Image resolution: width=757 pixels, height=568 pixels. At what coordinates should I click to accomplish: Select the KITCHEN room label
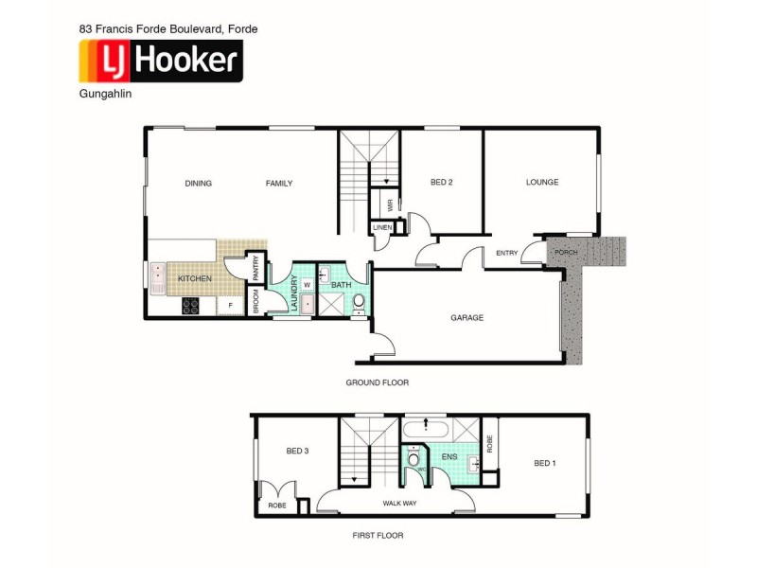click(194, 278)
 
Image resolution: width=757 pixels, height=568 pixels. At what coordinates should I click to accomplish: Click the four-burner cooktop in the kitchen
click(189, 306)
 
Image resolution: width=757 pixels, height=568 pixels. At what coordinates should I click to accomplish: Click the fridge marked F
click(230, 306)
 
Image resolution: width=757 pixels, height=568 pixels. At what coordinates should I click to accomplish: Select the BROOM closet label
click(255, 301)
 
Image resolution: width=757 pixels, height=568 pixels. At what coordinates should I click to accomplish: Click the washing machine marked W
click(307, 284)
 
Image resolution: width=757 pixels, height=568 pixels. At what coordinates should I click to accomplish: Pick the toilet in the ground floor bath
click(358, 303)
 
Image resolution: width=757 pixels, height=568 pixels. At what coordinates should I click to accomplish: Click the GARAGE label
click(467, 318)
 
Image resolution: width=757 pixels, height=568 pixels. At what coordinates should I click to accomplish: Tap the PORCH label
click(566, 252)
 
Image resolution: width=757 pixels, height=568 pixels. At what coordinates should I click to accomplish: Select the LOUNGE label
click(542, 183)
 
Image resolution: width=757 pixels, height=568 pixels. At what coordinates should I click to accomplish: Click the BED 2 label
click(442, 183)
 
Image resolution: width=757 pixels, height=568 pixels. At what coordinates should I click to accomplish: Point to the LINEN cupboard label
click(382, 228)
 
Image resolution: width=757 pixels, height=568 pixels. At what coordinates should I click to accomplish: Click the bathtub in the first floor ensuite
click(426, 431)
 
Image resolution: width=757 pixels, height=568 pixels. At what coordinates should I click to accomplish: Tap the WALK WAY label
click(399, 504)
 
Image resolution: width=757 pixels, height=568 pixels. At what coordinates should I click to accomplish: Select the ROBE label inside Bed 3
click(276, 506)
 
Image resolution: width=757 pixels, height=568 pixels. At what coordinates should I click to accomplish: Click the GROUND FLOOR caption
click(377, 382)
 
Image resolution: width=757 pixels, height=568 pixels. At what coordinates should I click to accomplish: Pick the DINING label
click(199, 184)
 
